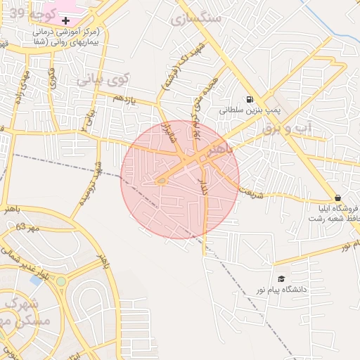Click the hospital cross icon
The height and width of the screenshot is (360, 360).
(66, 21)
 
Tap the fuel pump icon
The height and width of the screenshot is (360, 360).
(250, 100)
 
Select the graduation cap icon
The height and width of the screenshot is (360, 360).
(282, 279)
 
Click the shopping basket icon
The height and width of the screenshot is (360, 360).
(338, 198)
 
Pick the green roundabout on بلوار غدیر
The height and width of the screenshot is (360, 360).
(61, 281)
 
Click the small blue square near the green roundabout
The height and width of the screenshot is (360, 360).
(35, 280)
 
